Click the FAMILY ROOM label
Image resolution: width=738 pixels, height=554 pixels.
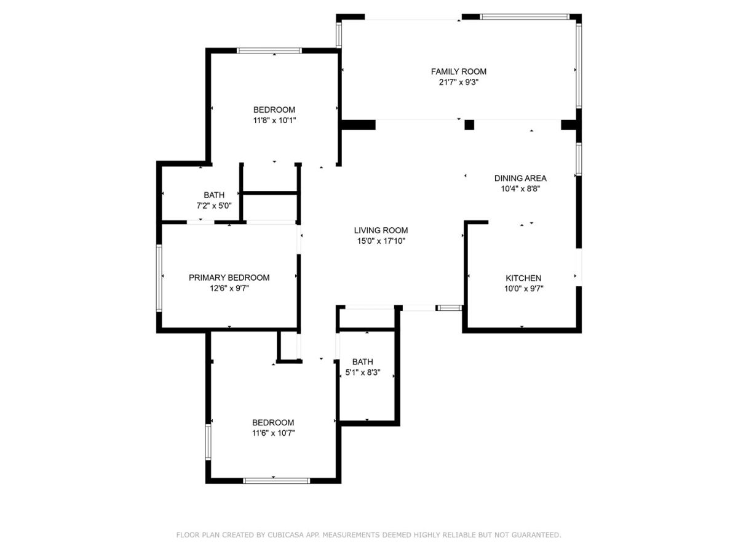click(x=458, y=71)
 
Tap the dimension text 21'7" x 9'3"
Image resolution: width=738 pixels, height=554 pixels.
click(x=458, y=82)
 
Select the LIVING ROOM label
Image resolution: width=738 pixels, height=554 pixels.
click(x=381, y=230)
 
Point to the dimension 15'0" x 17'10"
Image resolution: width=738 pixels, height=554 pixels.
click(x=381, y=241)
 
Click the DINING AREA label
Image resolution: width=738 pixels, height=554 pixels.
click(x=520, y=179)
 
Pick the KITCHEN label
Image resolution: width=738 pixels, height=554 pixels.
click(x=523, y=278)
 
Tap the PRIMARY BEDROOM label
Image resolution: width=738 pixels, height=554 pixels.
click(x=229, y=278)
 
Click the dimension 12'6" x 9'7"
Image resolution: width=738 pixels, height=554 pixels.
click(x=229, y=288)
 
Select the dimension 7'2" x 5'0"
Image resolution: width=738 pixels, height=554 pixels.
click(x=214, y=206)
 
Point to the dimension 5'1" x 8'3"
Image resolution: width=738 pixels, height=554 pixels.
click(x=363, y=372)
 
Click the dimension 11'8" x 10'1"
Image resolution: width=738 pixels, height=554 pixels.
click(x=274, y=121)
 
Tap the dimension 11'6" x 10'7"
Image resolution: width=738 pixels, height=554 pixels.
click(x=273, y=433)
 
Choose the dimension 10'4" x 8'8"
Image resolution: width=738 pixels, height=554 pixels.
click(x=520, y=189)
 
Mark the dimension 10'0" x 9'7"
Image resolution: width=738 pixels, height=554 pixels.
click(x=524, y=289)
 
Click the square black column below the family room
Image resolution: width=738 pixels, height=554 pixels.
click(x=469, y=125)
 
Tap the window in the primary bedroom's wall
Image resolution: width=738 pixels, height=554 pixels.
click(x=159, y=278)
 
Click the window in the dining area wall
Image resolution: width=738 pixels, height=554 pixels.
click(x=579, y=159)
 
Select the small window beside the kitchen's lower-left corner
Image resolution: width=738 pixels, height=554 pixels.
click(x=449, y=308)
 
